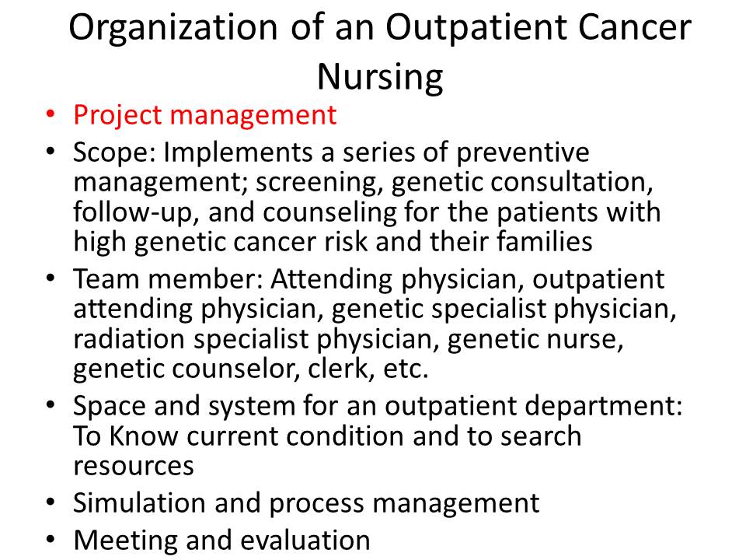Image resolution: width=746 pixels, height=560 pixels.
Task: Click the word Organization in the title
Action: [173, 29]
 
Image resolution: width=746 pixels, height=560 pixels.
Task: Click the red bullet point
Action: [51, 115]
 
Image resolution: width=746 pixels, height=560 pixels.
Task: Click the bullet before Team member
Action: [51, 278]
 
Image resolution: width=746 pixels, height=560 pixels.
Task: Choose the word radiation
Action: [129, 340]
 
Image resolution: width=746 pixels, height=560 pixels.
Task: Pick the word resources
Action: [134, 467]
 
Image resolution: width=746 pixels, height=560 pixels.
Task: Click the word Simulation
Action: [140, 503]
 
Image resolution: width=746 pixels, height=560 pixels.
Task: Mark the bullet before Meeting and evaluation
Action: [51, 540]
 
